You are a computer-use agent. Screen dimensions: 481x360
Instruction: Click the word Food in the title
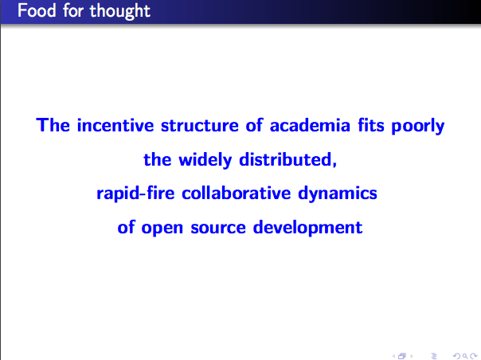coord(37,10)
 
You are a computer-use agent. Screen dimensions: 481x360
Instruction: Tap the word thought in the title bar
coord(120,12)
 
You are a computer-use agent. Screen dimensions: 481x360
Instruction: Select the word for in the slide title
coord(73,10)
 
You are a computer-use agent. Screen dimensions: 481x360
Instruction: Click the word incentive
coord(115,125)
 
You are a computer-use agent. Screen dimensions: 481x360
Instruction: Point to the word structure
coord(200,126)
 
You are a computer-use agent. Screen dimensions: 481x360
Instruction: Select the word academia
coord(310,125)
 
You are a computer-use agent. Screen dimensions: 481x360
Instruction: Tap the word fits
coord(371,125)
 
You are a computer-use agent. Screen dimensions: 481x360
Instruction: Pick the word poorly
coord(418,127)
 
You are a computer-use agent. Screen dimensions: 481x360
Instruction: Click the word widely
coord(205,160)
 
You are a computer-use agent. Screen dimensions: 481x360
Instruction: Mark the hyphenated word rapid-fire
coord(135,194)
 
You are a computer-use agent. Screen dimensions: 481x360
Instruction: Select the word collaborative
coord(237,194)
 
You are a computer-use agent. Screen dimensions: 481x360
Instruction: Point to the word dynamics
coord(338,194)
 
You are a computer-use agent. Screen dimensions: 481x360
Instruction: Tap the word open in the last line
coord(162,229)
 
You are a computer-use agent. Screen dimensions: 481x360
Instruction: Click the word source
coord(218,228)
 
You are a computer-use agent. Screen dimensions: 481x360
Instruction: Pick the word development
coord(307,228)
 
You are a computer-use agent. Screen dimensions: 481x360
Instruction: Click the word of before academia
coord(254,125)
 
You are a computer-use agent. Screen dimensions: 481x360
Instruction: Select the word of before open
coord(126,227)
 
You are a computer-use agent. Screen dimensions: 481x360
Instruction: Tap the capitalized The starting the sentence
coord(53,125)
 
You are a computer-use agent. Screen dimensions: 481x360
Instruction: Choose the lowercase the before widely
coord(158,159)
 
